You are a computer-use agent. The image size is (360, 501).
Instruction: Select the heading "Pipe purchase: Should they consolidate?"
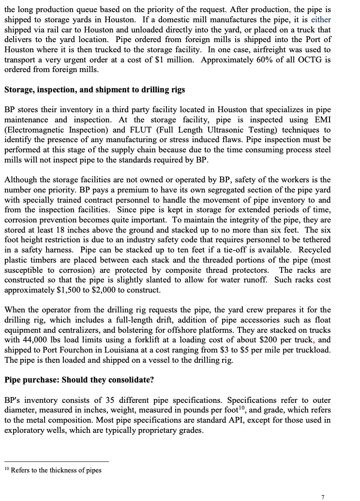click(79, 380)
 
